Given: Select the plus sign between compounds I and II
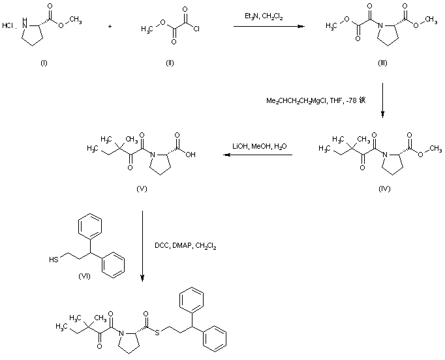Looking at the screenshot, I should click(109, 27).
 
